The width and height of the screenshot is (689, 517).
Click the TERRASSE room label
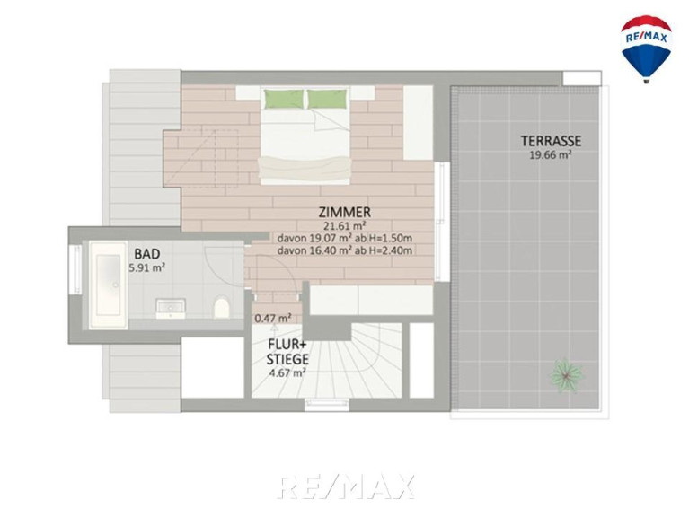[x=551, y=141]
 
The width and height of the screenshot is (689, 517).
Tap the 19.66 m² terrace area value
[x=550, y=155]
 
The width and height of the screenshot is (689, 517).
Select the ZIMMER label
[x=345, y=213]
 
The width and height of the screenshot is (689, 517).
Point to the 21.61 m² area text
[x=345, y=226]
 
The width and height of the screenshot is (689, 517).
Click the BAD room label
[x=146, y=254]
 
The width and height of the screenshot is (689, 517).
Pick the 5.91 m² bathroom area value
[x=146, y=267]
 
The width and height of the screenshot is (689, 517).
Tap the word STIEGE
[x=287, y=359]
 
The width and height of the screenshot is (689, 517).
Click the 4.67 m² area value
[x=287, y=373]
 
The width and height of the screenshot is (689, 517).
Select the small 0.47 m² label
[x=273, y=318]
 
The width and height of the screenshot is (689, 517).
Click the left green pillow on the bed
[x=284, y=99]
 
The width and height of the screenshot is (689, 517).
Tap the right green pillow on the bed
[x=326, y=99]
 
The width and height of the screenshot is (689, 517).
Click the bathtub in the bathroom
[x=108, y=285]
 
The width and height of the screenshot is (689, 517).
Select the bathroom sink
[x=171, y=309]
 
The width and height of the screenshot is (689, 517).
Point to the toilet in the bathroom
[x=222, y=308]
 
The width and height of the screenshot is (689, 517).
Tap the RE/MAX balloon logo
[x=646, y=48]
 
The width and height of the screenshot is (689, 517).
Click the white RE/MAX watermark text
[x=346, y=486]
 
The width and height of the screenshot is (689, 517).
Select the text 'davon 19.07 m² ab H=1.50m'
[x=345, y=239]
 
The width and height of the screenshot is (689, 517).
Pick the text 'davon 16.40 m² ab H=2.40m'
[x=345, y=250]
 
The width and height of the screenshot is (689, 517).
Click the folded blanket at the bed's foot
[x=305, y=169]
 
